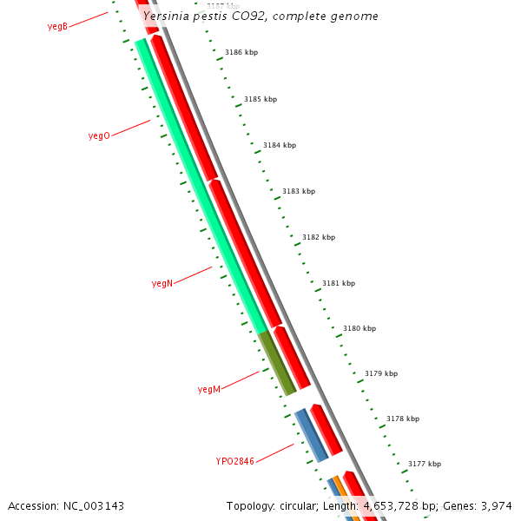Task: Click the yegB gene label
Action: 57,27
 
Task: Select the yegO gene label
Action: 99,136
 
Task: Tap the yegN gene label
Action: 162,284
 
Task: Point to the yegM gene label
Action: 209,390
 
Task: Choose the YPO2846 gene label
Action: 235,461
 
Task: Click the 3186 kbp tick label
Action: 241,53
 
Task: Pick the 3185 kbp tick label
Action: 260,100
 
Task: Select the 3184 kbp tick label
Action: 280,146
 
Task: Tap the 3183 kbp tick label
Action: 299,191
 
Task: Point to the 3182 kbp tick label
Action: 319,237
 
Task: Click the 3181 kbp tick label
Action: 339,283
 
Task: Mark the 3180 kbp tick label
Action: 359,329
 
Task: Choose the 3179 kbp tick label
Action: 381,373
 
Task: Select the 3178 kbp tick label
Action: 403,419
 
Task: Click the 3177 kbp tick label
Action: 425,464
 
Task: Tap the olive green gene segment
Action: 278,364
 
